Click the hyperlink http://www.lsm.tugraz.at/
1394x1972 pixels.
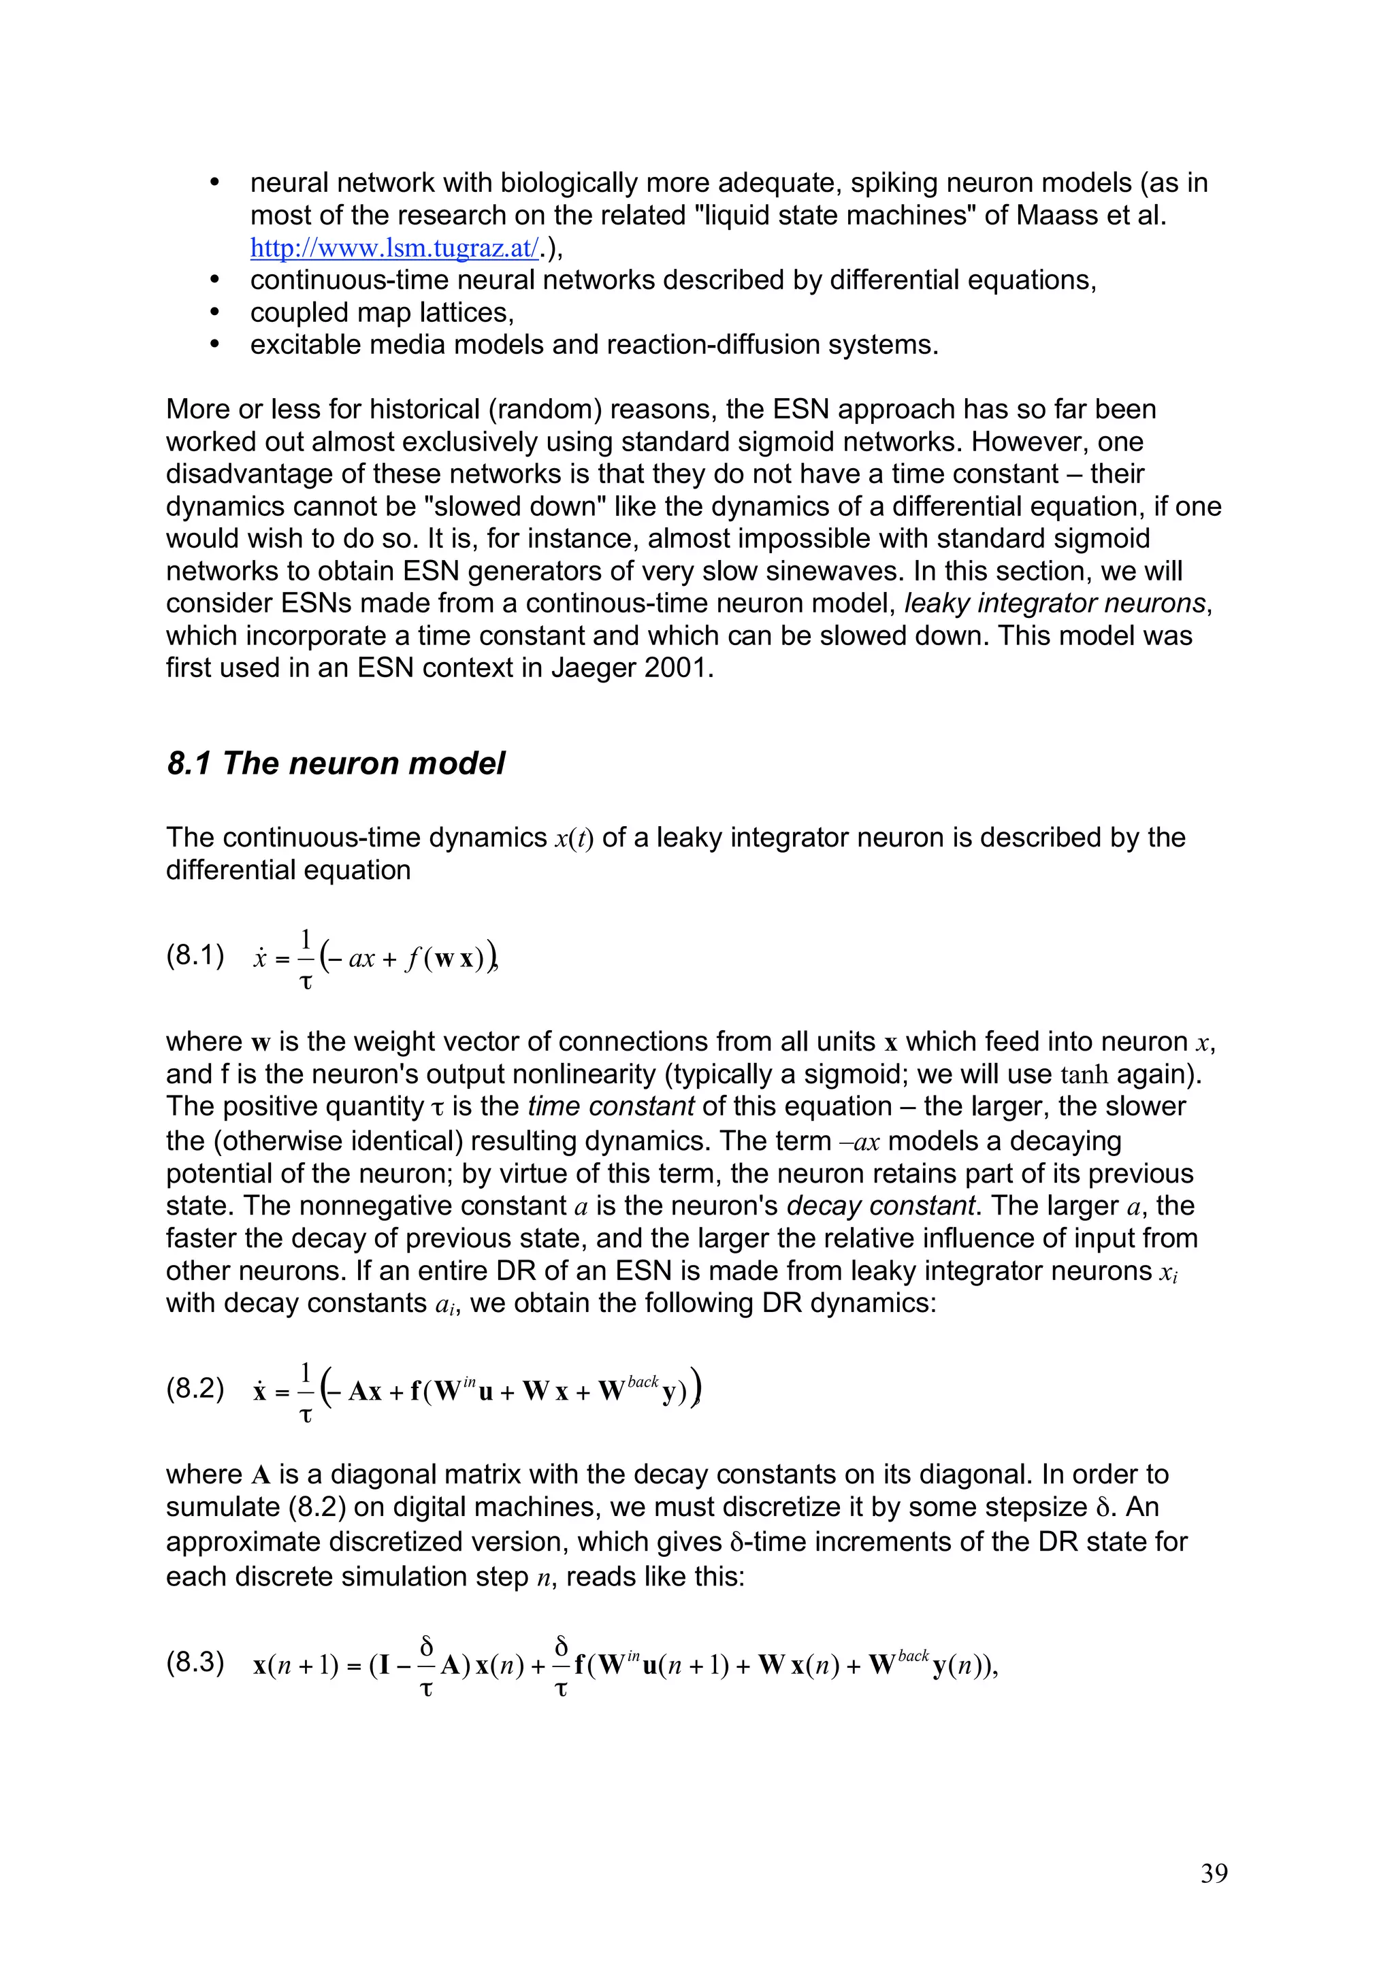pos(394,248)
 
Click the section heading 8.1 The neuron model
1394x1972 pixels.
pos(336,763)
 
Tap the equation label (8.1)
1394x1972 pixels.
pos(195,955)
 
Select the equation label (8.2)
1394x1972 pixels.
pos(195,1389)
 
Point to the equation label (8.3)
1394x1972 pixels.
pos(195,1663)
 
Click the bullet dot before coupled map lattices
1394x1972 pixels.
pos(216,312)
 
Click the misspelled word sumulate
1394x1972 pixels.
pos(226,1507)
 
